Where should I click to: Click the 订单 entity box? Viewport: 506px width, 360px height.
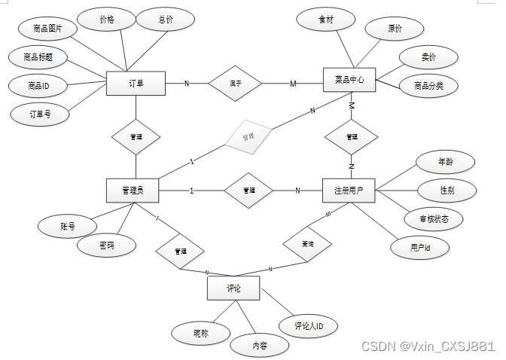[136, 83]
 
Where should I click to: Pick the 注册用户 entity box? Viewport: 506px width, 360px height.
[348, 191]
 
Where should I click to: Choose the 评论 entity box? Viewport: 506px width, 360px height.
[233, 288]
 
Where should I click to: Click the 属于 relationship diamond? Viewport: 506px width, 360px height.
[235, 83]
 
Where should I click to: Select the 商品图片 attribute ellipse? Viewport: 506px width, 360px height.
[47, 29]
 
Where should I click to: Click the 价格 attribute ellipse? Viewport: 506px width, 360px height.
[106, 20]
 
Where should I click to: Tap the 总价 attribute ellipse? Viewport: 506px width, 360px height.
[165, 20]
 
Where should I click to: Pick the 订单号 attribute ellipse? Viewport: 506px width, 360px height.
[39, 114]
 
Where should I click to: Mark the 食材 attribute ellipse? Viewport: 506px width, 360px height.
[326, 20]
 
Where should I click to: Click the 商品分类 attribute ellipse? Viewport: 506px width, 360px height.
[428, 85]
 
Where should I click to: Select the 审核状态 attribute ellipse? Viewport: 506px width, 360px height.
[431, 219]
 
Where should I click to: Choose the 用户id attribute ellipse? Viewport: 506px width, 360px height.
[420, 246]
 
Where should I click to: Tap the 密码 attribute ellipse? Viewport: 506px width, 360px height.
[107, 246]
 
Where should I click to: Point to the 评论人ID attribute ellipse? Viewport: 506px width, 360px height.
[308, 326]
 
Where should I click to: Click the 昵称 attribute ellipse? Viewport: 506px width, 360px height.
[200, 331]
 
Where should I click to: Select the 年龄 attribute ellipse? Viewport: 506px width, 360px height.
[446, 161]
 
